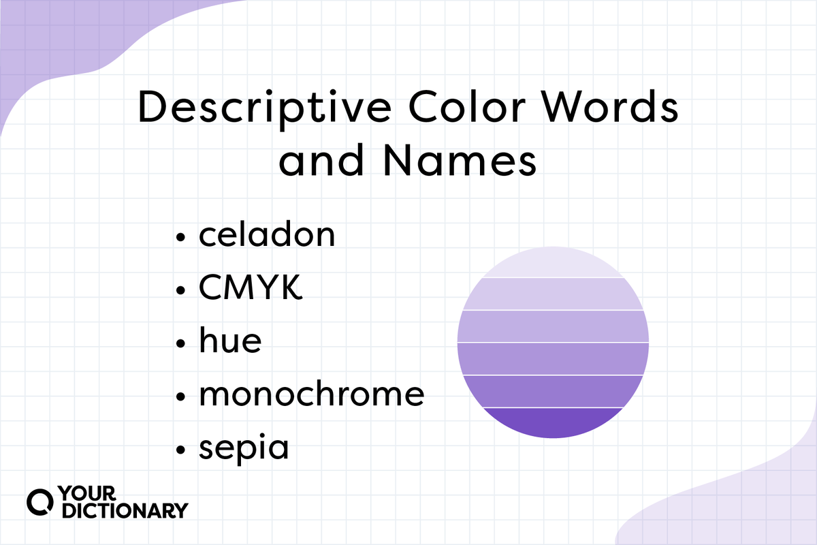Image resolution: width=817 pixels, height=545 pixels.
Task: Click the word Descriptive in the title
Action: click(265, 108)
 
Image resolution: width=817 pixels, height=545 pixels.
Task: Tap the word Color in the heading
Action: click(467, 106)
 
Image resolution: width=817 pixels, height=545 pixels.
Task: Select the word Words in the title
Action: click(610, 106)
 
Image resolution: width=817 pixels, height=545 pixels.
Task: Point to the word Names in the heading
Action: click(460, 161)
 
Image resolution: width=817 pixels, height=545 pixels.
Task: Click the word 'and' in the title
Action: click(321, 161)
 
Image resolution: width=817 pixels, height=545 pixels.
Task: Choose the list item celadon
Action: click(267, 234)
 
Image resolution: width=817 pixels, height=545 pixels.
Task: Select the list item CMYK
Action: click(251, 287)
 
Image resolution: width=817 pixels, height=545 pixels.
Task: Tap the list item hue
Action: click(230, 340)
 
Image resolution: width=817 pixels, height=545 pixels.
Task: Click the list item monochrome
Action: click(312, 393)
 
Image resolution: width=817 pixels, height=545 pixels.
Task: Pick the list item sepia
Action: click(244, 448)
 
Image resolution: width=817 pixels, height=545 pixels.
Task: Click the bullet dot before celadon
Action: click(180, 237)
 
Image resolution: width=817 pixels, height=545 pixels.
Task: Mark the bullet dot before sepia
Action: click(180, 450)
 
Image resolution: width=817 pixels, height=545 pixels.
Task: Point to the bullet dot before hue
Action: click(180, 343)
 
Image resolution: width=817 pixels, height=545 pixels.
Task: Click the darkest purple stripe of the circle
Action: click(553, 422)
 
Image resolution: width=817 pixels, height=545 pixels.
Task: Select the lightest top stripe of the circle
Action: click(553, 264)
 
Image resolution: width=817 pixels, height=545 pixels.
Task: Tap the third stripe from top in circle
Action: click(553, 326)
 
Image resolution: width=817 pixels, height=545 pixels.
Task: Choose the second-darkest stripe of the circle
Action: click(553, 391)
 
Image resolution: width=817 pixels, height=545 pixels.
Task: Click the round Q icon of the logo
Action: click(40, 502)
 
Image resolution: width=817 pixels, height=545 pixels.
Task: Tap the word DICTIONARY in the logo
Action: click(125, 510)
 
